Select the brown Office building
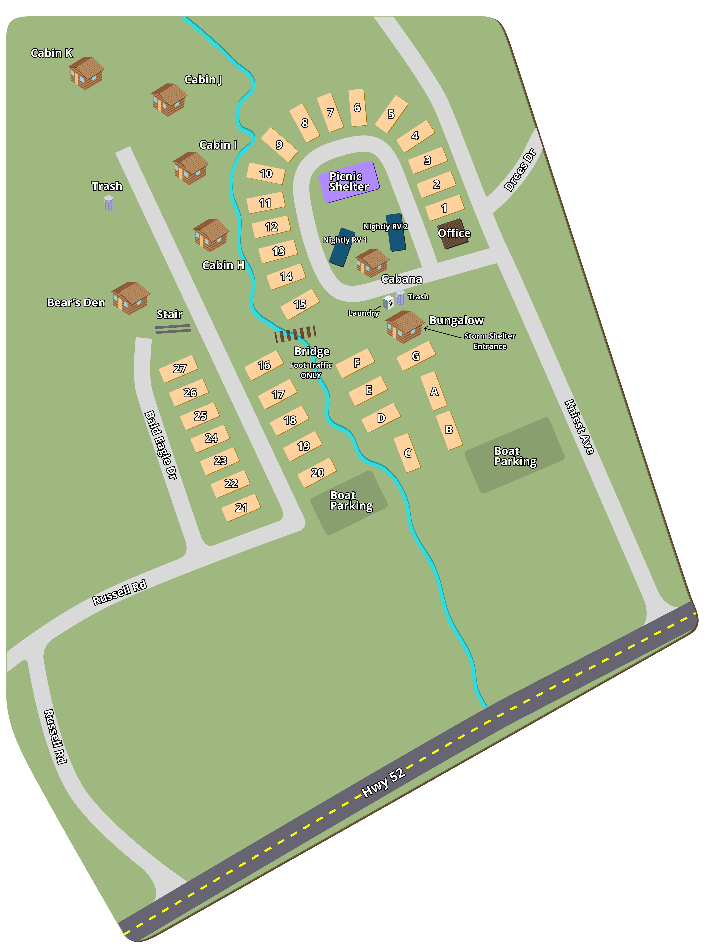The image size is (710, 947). [453, 234]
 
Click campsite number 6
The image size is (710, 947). [357, 107]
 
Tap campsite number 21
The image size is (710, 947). [241, 508]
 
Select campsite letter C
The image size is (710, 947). [407, 453]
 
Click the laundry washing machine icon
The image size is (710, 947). [388, 302]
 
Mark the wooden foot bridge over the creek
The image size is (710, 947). [295, 334]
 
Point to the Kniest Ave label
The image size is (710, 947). [579, 427]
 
